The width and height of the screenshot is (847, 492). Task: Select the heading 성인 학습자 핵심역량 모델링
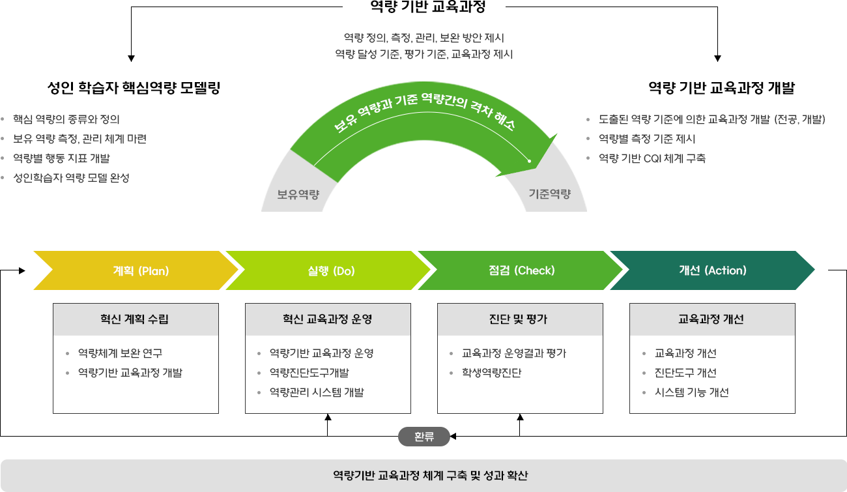pos(134,88)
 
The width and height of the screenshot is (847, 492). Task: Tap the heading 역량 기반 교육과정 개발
pos(721,88)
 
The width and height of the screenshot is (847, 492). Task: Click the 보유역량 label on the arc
pos(298,194)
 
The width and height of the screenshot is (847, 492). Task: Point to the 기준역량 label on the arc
pos(549,194)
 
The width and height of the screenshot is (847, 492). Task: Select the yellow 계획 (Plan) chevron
pos(141,270)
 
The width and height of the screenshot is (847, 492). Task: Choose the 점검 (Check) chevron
pos(521,270)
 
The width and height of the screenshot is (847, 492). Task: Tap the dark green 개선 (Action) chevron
pos(713,270)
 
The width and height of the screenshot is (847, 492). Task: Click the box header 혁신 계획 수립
pos(136,319)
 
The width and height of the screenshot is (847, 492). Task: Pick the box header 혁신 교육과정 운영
pos(328,319)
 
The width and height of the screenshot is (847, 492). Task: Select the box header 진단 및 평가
pos(520,319)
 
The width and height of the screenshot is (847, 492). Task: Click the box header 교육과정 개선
pos(711,319)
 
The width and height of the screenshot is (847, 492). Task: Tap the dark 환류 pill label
pos(424,437)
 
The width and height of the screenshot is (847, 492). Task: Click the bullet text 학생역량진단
pos(491,373)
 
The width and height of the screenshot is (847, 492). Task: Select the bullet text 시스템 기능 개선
pos(692,392)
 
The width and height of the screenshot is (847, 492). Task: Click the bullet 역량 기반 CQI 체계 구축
pos(652,158)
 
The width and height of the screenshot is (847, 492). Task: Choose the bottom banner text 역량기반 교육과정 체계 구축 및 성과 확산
pos(430,475)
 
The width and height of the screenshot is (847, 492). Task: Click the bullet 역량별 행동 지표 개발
pos(61,158)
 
